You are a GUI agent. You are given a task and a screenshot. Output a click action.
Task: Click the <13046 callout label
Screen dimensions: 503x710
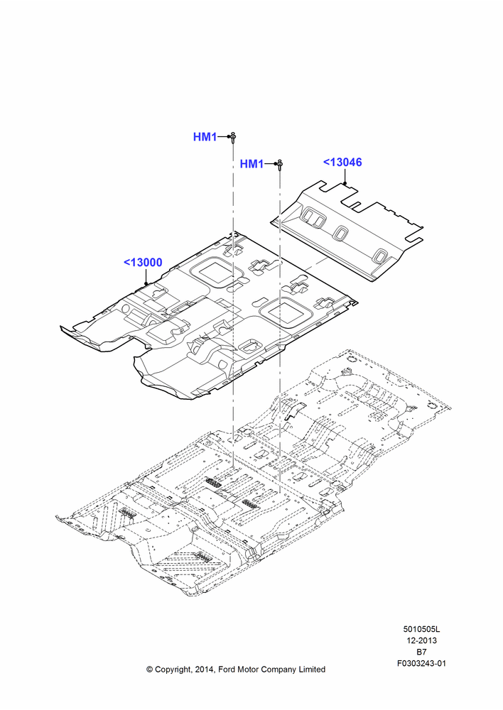pyautogui.click(x=342, y=162)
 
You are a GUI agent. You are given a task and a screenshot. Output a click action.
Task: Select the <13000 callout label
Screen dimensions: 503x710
pyautogui.click(x=143, y=262)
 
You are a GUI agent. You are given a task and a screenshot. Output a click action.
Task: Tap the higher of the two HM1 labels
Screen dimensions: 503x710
pyautogui.click(x=205, y=137)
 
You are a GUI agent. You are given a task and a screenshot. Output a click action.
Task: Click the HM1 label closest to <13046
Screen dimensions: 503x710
pyautogui.click(x=251, y=164)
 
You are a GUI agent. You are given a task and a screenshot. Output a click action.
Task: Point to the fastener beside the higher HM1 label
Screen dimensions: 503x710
pyautogui.click(x=233, y=137)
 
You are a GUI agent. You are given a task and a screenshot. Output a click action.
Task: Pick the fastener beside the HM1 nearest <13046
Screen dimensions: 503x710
pyautogui.click(x=280, y=165)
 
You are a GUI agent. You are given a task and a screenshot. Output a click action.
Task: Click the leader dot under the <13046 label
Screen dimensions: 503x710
pyautogui.click(x=345, y=182)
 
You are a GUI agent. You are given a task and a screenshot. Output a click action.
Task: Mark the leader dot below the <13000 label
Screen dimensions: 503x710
pyautogui.click(x=146, y=284)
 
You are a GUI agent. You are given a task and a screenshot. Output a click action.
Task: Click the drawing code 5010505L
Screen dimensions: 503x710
pyautogui.click(x=421, y=629)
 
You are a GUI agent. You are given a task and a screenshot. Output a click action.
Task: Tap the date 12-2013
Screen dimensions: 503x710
pyautogui.click(x=421, y=640)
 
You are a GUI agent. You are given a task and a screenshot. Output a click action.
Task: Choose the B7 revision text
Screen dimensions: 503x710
pyautogui.click(x=421, y=652)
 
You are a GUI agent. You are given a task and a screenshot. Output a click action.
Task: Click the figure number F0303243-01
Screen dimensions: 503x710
pyautogui.click(x=421, y=663)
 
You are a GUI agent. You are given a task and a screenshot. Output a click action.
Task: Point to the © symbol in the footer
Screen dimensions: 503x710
pyautogui.click(x=149, y=670)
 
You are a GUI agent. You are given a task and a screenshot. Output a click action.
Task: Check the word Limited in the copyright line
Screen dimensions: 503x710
pyautogui.click(x=312, y=670)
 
